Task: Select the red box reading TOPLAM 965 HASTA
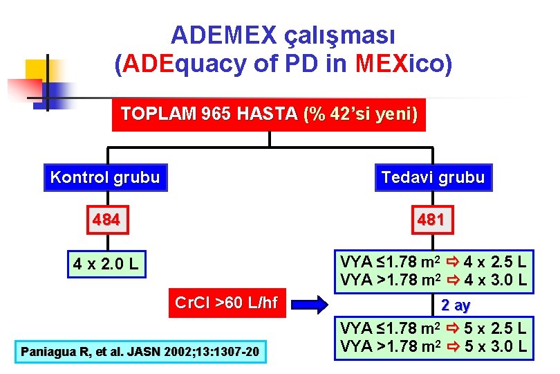(269, 114)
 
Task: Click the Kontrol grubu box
(105, 177)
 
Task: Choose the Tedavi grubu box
(433, 177)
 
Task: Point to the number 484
(106, 220)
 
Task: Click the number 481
(433, 221)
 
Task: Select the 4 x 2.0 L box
(106, 264)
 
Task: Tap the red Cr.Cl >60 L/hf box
(226, 303)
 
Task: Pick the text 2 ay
(456, 304)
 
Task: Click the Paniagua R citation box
(140, 352)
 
